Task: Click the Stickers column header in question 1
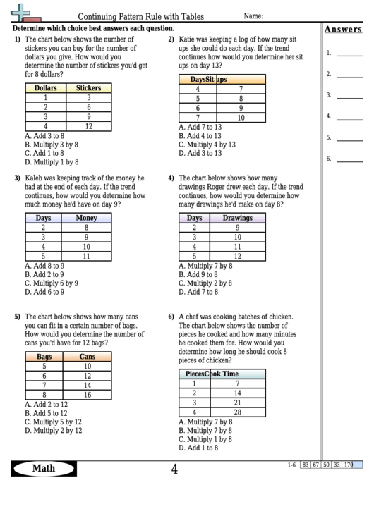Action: point(89,88)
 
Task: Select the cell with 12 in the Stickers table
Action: point(89,126)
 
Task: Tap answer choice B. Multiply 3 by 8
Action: point(52,144)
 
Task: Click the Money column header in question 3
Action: point(86,219)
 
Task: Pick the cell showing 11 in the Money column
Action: point(86,257)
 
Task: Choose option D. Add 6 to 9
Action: point(44,291)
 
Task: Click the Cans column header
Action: point(88,357)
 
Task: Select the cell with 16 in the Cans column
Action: point(88,395)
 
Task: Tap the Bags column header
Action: point(44,357)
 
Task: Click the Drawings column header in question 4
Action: point(238,219)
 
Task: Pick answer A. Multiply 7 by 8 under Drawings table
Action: point(205,266)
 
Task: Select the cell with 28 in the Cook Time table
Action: point(238,412)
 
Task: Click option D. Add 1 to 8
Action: point(198,447)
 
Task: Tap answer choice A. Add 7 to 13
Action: point(200,127)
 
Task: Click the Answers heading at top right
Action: point(343,30)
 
